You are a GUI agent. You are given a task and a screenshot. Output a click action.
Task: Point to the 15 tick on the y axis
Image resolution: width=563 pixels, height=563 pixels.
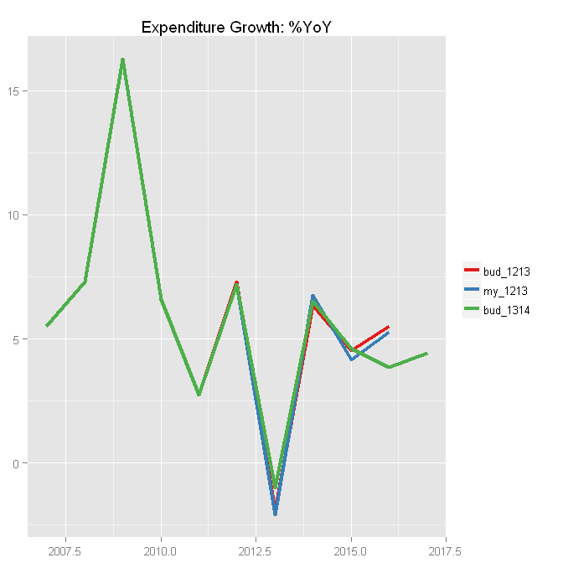17,90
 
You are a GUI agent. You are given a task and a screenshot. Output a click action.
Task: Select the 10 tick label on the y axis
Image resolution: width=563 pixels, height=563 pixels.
17,215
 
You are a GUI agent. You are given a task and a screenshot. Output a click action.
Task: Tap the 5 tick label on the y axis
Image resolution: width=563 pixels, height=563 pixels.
19,339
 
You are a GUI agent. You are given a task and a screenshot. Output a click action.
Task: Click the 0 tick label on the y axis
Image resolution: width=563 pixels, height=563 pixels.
19,463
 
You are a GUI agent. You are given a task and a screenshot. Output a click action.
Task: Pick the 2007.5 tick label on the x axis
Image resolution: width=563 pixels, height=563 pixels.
65,550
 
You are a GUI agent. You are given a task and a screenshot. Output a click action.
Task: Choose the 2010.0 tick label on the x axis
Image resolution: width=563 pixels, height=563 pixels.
161,550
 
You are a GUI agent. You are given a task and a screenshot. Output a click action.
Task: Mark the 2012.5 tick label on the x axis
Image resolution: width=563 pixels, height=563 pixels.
256,550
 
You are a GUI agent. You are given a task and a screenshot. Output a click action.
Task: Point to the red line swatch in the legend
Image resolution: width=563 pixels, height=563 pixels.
472,271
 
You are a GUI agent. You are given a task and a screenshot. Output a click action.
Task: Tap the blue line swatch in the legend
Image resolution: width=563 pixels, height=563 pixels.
472,291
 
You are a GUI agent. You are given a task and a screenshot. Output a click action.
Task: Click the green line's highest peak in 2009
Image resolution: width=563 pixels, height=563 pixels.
122,60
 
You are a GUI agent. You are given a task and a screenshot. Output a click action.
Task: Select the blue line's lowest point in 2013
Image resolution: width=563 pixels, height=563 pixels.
275,514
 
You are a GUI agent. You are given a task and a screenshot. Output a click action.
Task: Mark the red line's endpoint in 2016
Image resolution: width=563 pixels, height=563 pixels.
389,327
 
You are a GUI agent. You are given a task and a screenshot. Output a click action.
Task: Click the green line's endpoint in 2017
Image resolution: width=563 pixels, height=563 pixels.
427,354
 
